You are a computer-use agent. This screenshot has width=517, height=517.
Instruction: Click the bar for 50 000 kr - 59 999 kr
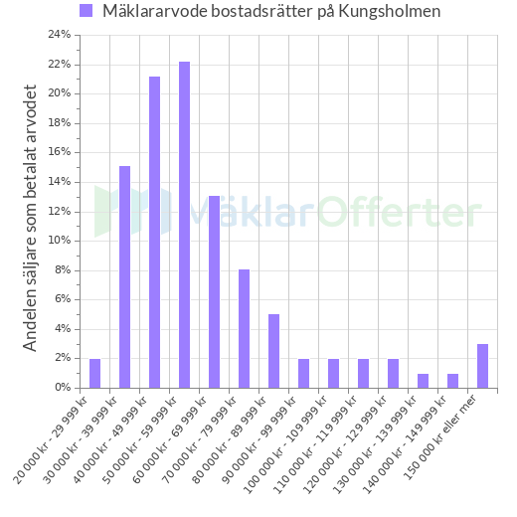pyautogui.click(x=184, y=224)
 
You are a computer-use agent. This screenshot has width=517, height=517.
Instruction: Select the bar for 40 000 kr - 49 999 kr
pyautogui.click(x=154, y=232)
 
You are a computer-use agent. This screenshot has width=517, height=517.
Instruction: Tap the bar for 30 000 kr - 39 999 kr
pyautogui.click(x=124, y=276)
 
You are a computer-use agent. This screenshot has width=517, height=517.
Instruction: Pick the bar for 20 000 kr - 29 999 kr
pyautogui.click(x=94, y=373)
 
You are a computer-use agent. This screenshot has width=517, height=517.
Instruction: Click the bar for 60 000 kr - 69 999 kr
pyautogui.click(x=214, y=291)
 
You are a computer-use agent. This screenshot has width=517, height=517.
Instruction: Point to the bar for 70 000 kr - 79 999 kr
pyautogui.click(x=244, y=328)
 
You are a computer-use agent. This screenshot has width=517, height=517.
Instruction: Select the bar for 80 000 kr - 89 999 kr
pyautogui.click(x=273, y=350)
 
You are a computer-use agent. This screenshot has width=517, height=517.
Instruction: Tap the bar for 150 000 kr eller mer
pyautogui.click(x=482, y=365)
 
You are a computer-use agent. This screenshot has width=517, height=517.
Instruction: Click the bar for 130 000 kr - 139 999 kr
pyautogui.click(x=423, y=380)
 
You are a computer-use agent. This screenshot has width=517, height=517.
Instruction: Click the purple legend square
pyautogui.click(x=86, y=11)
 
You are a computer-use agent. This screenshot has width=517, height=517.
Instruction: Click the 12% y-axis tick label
pyautogui.click(x=60, y=211)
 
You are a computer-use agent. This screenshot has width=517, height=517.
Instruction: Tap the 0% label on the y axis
pyautogui.click(x=63, y=387)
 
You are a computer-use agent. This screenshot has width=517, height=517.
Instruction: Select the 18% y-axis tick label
pyautogui.click(x=60, y=123)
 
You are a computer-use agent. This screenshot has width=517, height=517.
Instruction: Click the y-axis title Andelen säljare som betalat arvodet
pyautogui.click(x=31, y=218)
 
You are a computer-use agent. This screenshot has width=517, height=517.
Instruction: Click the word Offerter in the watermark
pyautogui.click(x=398, y=213)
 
